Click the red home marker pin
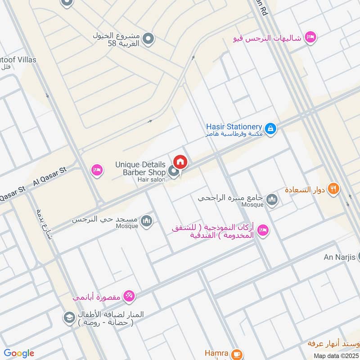[180, 162]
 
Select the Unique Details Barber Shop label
[140, 168]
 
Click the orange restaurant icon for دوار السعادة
[333, 189]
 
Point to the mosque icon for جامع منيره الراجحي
[272, 199]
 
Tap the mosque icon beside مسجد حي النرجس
[146, 220]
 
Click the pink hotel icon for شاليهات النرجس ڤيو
[310, 38]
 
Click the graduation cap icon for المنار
[69, 317]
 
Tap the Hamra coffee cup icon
[238, 354]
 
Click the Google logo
[19, 353]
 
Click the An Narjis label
[340, 257]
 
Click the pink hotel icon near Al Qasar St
[96, 170]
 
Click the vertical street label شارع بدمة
[44, 225]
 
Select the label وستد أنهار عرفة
[333, 344]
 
